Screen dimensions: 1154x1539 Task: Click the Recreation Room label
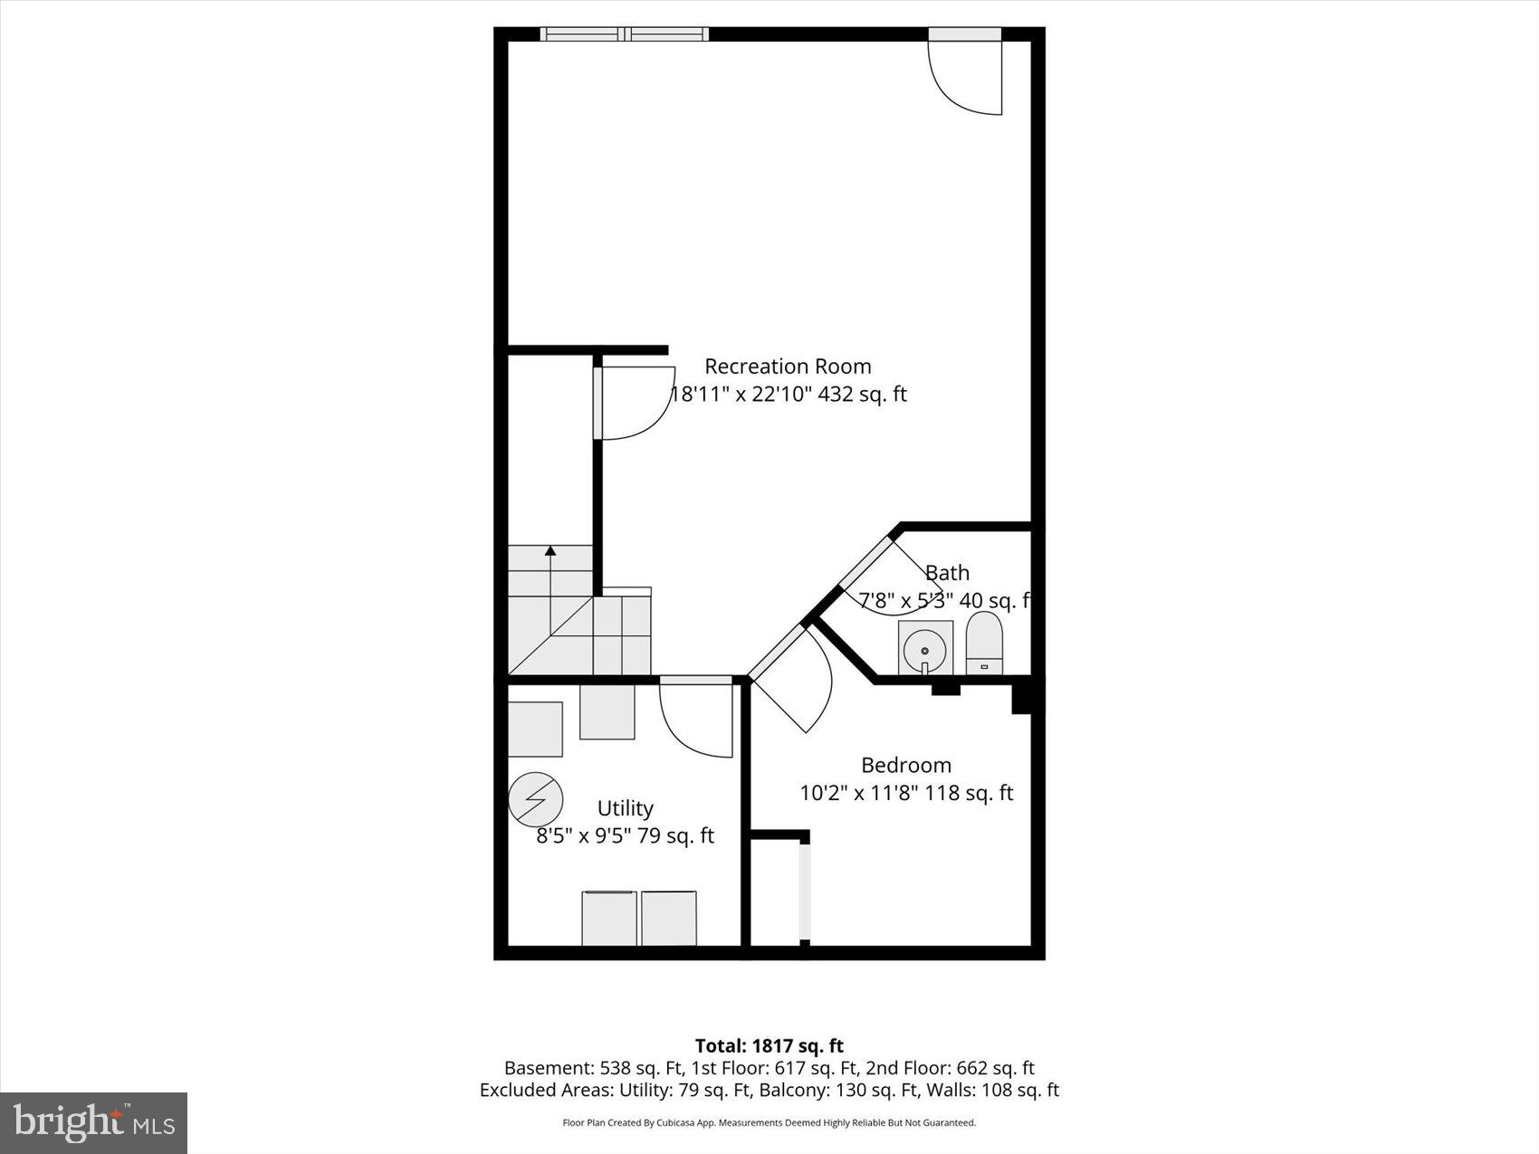tap(788, 367)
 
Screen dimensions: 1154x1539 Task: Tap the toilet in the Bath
tap(984, 643)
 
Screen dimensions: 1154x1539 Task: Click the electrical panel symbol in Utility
tap(535, 799)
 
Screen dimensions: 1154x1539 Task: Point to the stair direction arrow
tap(550, 579)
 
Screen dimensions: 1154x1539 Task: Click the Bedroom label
tap(905, 765)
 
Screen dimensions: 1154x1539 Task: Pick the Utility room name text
tap(625, 808)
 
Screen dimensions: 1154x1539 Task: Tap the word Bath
tap(947, 573)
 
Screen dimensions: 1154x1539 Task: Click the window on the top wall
tap(625, 34)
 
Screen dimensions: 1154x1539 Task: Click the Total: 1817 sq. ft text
tap(769, 1046)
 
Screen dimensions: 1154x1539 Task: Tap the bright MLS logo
tap(94, 1123)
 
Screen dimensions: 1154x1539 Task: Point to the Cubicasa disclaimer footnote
tap(769, 1122)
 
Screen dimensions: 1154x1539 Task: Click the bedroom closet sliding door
tap(805, 892)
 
